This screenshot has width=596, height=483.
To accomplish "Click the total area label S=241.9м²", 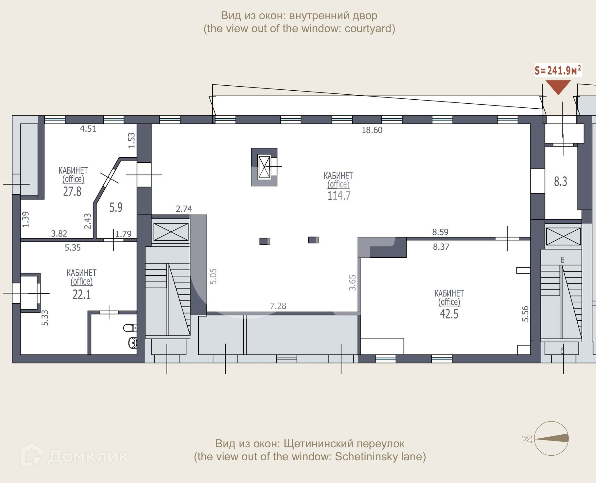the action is coord(558,70).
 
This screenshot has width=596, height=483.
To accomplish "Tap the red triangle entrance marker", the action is coord(558,87).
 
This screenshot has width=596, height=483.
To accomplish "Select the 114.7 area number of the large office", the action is coord(339,196).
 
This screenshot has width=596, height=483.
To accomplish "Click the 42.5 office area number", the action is coord(449,314).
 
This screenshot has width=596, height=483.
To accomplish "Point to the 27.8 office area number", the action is coord(72,191).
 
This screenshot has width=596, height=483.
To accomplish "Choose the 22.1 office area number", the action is coord(82,294).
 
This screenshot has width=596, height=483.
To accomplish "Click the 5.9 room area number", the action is coord(116,207).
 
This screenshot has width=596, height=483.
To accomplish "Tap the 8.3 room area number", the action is coord(561,181).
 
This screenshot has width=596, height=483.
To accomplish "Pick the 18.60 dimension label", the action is coord(372,130).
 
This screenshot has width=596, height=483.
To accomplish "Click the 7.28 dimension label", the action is coord(278,306).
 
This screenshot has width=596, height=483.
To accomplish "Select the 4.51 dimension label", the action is coord(88,129).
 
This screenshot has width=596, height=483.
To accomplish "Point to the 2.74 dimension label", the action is coord(184,209).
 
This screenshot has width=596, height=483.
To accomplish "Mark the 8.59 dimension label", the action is coord(440,232).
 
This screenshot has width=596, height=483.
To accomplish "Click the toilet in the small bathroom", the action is coord(130,327).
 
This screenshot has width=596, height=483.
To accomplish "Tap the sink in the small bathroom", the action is coord(133,342).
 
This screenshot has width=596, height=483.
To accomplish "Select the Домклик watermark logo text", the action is coord(88,456).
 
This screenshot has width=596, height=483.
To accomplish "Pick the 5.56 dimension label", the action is coord(525,314).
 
